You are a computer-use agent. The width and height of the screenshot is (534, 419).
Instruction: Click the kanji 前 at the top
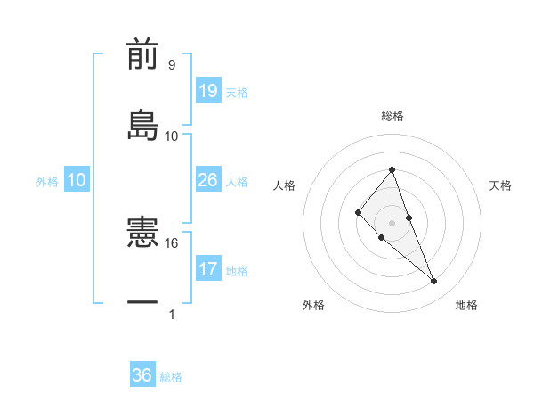[x=142, y=54]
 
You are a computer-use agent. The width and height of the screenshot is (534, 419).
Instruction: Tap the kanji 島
[x=142, y=124]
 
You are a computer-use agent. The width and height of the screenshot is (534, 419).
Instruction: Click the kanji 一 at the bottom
[x=142, y=303]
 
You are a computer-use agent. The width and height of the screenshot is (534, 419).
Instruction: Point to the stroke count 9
[x=172, y=65]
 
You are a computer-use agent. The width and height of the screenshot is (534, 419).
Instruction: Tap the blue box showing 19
[x=208, y=91]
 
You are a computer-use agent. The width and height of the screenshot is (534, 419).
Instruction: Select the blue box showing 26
[x=208, y=180]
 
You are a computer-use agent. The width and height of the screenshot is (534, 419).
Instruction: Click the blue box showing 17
[x=208, y=269]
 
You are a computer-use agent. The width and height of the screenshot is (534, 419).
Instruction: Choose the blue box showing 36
[x=142, y=375]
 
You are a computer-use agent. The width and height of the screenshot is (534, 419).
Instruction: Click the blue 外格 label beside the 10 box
[x=47, y=181]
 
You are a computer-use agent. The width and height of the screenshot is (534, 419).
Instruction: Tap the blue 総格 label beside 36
[x=171, y=377]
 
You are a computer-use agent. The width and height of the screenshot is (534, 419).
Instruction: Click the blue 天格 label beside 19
[x=237, y=93]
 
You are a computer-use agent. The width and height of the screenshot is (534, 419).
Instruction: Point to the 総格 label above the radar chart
[x=392, y=116]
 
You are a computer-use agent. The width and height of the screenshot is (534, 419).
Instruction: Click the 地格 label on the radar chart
[x=466, y=305]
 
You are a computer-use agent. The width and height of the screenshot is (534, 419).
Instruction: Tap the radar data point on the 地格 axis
[x=434, y=282]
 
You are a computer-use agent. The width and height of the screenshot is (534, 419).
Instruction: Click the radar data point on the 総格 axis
[x=392, y=169]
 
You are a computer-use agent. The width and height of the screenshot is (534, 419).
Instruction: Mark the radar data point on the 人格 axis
[x=358, y=211]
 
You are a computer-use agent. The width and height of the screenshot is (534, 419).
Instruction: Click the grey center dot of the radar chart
[x=392, y=222]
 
